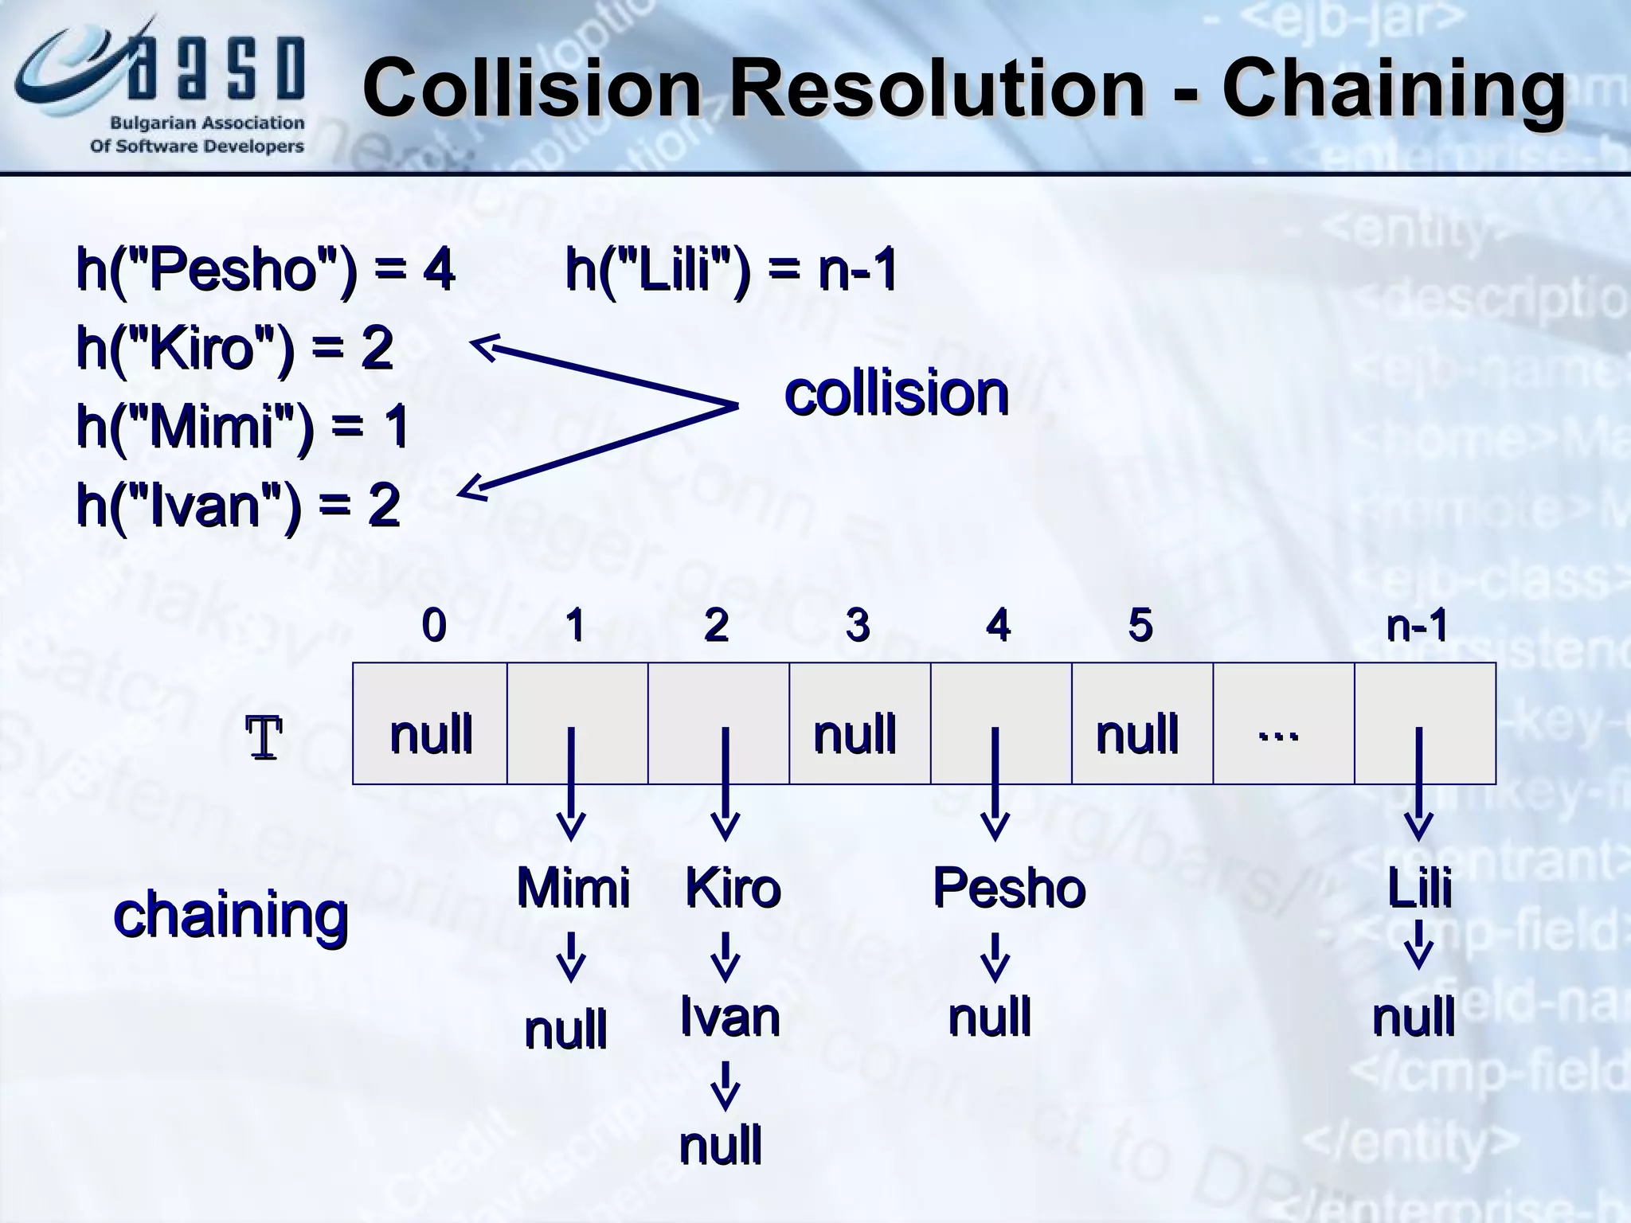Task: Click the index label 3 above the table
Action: click(x=858, y=625)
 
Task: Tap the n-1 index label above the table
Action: click(x=1417, y=625)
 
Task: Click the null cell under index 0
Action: click(x=430, y=733)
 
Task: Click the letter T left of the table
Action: click(x=264, y=738)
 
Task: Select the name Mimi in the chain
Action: click(x=573, y=887)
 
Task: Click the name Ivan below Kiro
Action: click(x=729, y=1017)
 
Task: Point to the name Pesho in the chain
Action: click(x=1008, y=887)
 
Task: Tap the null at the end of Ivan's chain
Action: click(x=720, y=1145)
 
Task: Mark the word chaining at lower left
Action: click(x=231, y=916)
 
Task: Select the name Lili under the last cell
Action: click(x=1419, y=887)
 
